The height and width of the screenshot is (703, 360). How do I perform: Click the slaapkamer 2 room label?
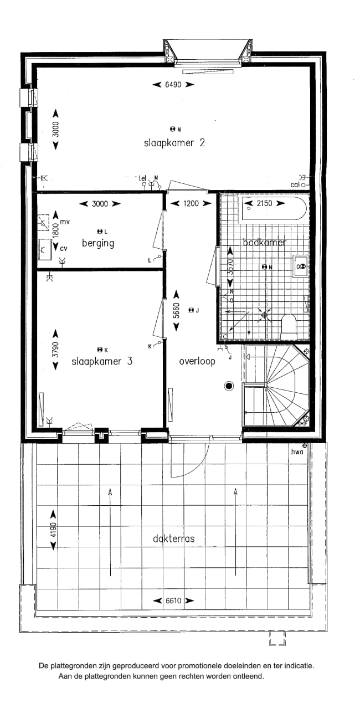point(174,142)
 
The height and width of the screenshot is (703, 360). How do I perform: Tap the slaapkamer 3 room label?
point(102,361)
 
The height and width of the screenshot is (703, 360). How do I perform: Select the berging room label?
point(98,243)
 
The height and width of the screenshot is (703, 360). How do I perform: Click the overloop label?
point(197,361)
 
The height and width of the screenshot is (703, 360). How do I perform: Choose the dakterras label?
point(174,538)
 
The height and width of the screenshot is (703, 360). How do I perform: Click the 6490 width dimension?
point(174,85)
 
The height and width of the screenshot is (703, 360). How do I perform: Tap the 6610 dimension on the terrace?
point(174,601)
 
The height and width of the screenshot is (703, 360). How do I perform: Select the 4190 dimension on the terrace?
point(54,530)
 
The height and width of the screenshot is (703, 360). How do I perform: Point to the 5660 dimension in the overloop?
point(177,311)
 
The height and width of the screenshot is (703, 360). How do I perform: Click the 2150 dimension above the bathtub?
point(264,203)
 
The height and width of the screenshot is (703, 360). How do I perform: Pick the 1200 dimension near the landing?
point(191,203)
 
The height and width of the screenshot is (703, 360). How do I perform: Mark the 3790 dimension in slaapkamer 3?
point(55,350)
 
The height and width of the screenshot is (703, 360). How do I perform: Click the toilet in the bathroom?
point(289,326)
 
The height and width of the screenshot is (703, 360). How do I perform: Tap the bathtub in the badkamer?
point(274,210)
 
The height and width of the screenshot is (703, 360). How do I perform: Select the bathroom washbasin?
point(301,266)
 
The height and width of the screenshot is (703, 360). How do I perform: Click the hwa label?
point(298,452)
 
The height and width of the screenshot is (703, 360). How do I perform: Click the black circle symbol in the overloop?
point(228,386)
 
